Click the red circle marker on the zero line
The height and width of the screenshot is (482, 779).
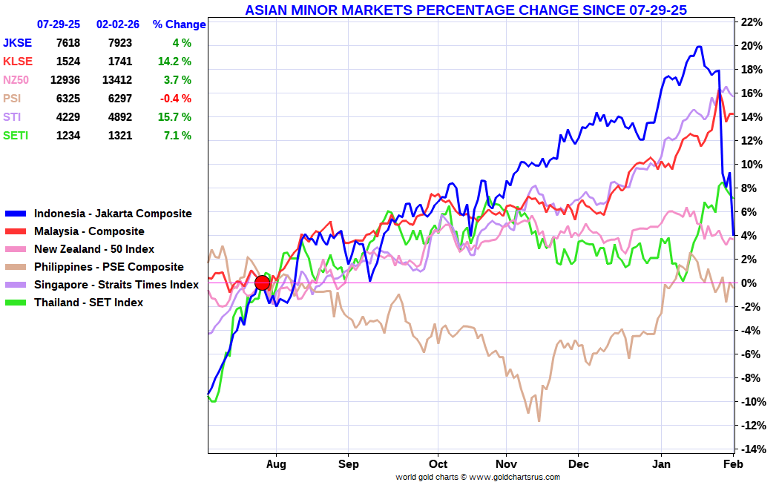pyautogui.click(x=263, y=283)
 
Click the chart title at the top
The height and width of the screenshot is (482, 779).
pyautogui.click(x=465, y=10)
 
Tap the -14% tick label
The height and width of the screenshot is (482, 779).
pyautogui.click(x=752, y=449)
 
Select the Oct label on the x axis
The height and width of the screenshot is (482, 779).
pyautogui.click(x=438, y=464)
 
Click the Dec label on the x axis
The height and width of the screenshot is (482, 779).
pyautogui.click(x=578, y=464)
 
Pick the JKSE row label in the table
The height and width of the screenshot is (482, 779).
pyautogui.click(x=17, y=43)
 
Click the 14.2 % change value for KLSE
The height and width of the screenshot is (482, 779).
pyautogui.click(x=174, y=62)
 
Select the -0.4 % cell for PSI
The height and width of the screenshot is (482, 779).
pyautogui.click(x=175, y=99)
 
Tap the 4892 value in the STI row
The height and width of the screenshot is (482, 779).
pyautogui.click(x=120, y=117)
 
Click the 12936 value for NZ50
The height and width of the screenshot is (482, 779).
pyautogui.click(x=65, y=80)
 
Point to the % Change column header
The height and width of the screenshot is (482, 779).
pyautogui.click(x=180, y=24)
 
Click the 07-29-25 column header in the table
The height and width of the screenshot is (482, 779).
pyautogui.click(x=59, y=24)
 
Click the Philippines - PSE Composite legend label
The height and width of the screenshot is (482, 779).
pyautogui.click(x=109, y=267)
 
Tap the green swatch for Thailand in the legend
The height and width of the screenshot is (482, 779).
pyautogui.click(x=16, y=303)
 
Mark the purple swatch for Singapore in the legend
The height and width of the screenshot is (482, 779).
pyautogui.click(x=16, y=285)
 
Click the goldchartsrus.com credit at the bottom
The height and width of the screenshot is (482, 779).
pyautogui.click(x=478, y=477)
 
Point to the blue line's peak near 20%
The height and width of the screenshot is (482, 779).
pyautogui.click(x=699, y=47)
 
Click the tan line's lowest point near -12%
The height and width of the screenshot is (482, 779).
pyautogui.click(x=539, y=421)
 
